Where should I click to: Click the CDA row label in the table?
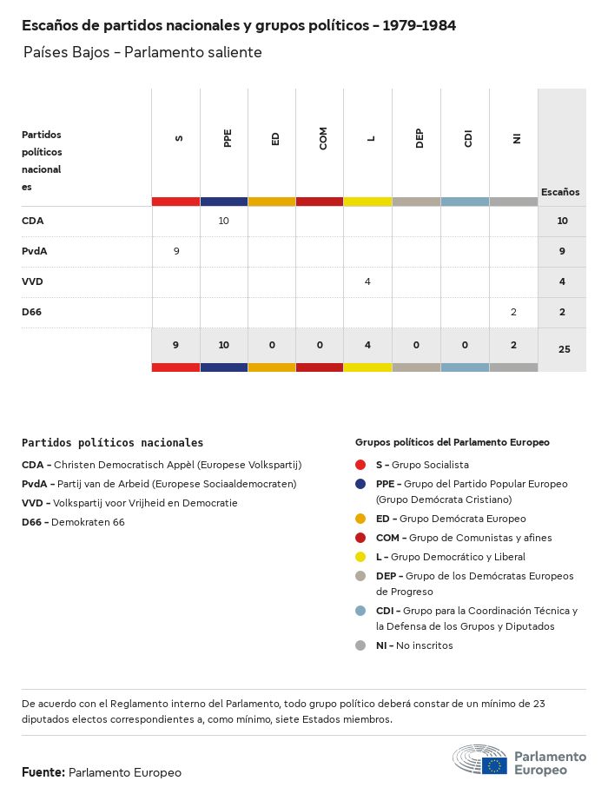point(33,221)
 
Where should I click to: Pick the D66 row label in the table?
point(33,312)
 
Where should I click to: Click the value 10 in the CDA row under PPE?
point(223,221)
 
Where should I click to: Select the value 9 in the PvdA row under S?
point(176,251)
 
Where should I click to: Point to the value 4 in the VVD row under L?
point(368,281)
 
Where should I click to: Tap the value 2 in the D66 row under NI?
point(513,312)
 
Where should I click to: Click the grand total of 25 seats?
point(563,349)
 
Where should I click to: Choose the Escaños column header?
point(560,192)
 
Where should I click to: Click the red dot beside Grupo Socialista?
point(360,465)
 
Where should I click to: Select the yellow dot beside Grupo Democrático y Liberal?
point(360,557)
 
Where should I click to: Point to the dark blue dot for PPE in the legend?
point(360,484)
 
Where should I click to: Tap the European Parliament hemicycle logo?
point(479,760)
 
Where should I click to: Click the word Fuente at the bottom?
point(43,771)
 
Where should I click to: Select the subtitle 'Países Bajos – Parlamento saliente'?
point(142,52)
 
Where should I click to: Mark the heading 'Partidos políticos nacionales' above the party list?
point(113,443)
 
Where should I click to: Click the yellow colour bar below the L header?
point(367,202)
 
